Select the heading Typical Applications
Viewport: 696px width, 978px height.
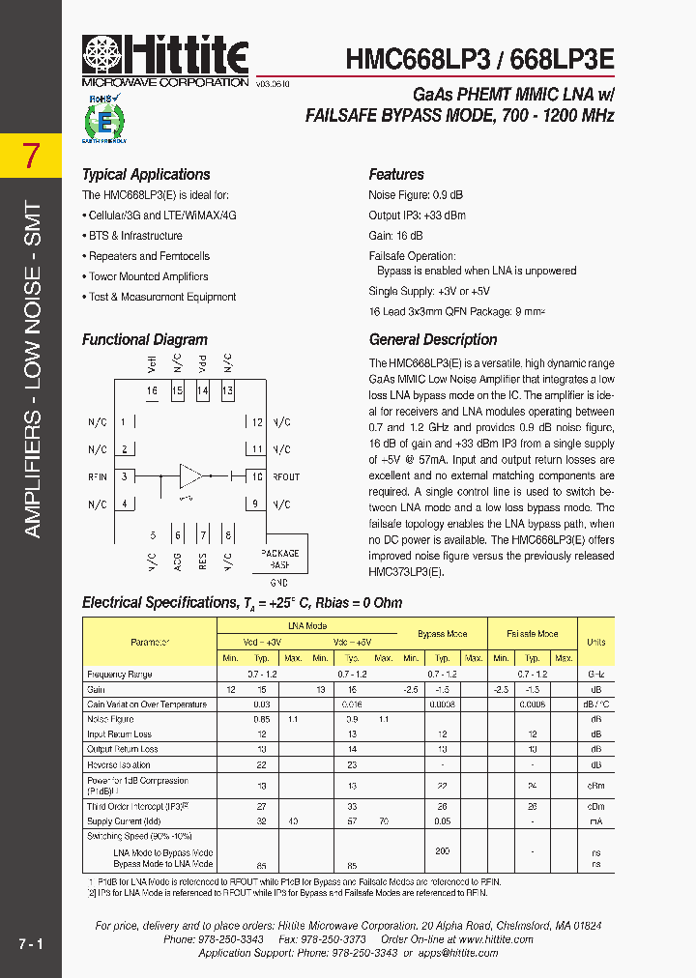146,175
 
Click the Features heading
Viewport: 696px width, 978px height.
396,175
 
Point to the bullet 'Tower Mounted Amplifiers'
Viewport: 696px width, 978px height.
148,277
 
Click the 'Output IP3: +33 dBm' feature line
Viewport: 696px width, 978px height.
417,216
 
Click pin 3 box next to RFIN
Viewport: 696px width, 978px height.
125,477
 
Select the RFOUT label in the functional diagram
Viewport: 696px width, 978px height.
286,477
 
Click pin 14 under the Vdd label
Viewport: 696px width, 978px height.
202,391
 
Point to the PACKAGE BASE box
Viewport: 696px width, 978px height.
280,559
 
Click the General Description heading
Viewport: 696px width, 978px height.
433,340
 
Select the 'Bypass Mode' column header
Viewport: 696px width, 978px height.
442,634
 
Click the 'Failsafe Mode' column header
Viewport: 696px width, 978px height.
533,634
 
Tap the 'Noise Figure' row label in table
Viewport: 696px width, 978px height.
110,719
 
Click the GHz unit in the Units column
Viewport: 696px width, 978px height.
595,674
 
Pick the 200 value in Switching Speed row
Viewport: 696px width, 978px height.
443,850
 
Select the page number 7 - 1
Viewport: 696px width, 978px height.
30,942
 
